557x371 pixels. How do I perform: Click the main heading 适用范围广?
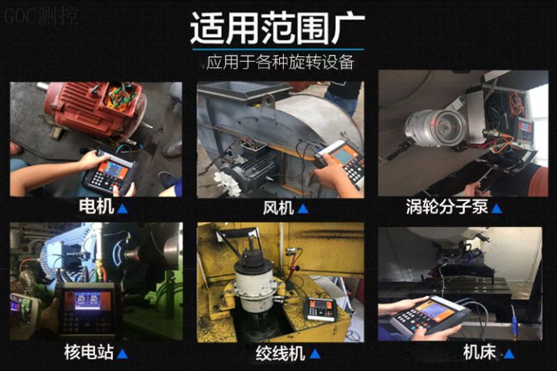278,28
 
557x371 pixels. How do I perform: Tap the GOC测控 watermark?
42,16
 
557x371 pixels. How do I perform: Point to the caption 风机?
278,207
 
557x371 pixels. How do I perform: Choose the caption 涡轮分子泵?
447,206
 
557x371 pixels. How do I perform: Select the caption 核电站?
89,352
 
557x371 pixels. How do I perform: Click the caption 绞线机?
280,353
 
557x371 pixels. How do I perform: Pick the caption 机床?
480,352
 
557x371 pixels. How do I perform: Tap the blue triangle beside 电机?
122,208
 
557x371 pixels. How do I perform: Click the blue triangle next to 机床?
509,354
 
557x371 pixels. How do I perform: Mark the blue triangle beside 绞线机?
315,354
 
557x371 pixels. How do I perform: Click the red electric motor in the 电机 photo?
94,108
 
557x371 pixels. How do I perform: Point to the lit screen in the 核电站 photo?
87,301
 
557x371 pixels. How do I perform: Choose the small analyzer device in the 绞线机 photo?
322,309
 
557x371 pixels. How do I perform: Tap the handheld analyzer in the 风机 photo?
340,162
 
